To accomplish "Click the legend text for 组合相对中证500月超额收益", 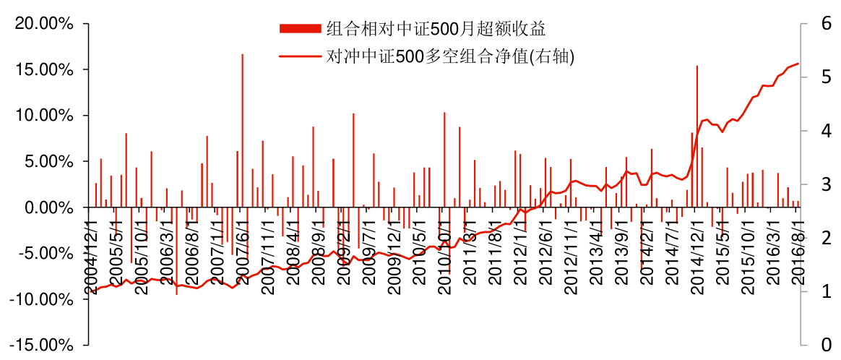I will point(435,29).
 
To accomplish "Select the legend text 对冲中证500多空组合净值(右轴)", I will point(450,56).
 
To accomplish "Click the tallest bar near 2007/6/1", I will point(242,130).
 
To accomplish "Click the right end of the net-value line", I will point(798,64).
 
